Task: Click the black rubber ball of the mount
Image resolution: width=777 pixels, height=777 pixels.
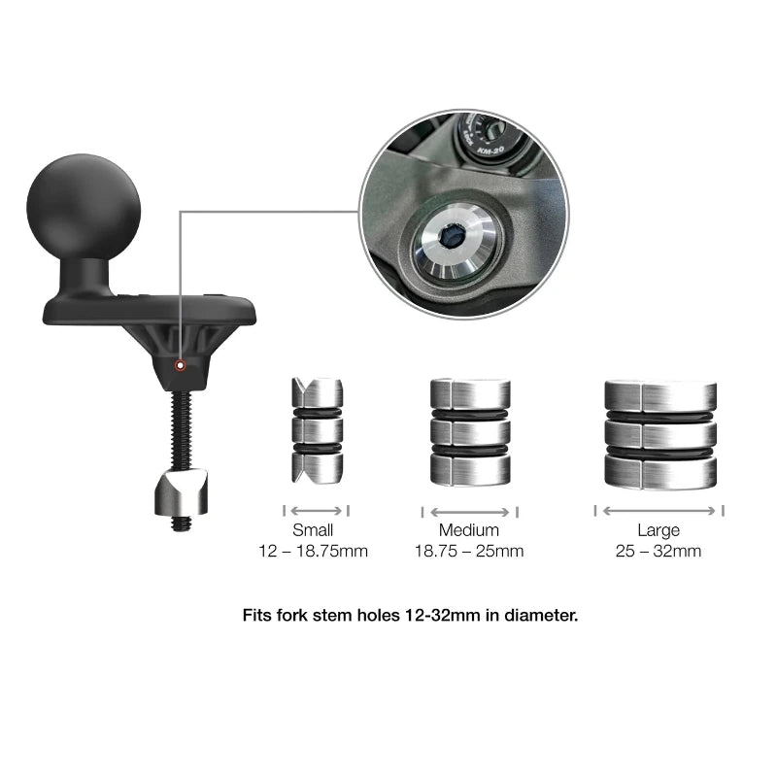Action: pyautogui.click(x=84, y=206)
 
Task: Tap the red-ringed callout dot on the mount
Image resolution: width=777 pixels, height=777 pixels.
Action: pyautogui.click(x=181, y=366)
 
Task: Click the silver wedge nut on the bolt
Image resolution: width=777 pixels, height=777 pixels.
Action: pyautogui.click(x=181, y=493)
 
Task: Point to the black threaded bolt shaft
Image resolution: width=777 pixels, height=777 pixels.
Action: pyautogui.click(x=182, y=429)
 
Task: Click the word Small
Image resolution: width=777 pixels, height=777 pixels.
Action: pyautogui.click(x=313, y=530)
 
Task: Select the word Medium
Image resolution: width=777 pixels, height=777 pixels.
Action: pyautogui.click(x=469, y=530)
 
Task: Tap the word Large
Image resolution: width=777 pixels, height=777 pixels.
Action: pyautogui.click(x=659, y=531)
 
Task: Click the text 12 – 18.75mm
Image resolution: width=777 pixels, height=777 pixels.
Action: pyautogui.click(x=313, y=551)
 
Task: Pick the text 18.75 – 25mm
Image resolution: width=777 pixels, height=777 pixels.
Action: pyautogui.click(x=469, y=551)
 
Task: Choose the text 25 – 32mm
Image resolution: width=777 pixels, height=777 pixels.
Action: pyautogui.click(x=659, y=551)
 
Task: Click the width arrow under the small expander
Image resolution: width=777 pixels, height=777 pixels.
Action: pyautogui.click(x=317, y=511)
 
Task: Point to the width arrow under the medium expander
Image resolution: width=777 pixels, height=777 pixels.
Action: pyautogui.click(x=470, y=513)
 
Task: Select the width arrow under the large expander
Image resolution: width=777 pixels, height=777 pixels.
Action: pyautogui.click(x=659, y=511)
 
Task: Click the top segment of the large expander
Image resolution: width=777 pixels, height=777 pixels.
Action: pyautogui.click(x=660, y=396)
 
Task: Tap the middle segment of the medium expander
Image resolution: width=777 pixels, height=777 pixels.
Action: pyautogui.click(x=470, y=432)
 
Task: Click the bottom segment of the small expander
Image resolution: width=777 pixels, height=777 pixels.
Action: pyautogui.click(x=318, y=468)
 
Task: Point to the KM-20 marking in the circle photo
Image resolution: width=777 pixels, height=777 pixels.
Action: pyautogui.click(x=490, y=150)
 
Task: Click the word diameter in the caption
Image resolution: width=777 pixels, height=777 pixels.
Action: pyautogui.click(x=541, y=616)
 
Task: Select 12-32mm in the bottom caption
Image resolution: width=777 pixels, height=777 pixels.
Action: pyautogui.click(x=443, y=616)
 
